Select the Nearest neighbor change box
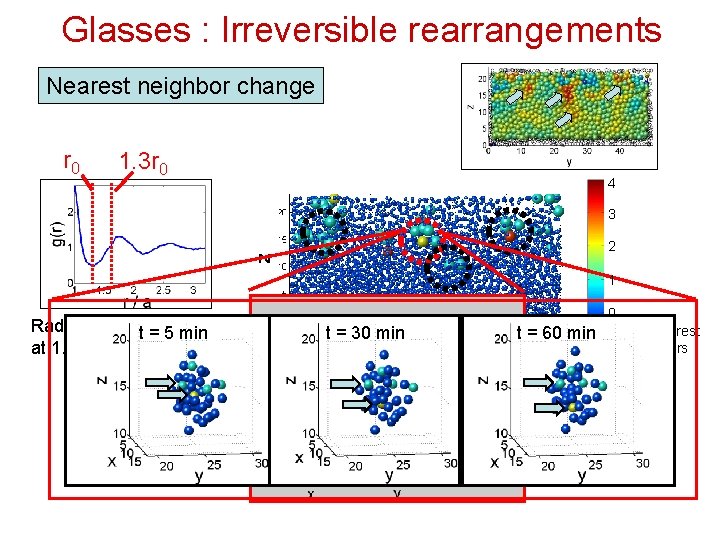click(181, 86)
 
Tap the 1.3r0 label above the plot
click(143, 160)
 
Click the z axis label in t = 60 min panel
click(483, 381)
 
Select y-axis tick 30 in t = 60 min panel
click(642, 463)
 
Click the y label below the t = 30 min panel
click(389, 477)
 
